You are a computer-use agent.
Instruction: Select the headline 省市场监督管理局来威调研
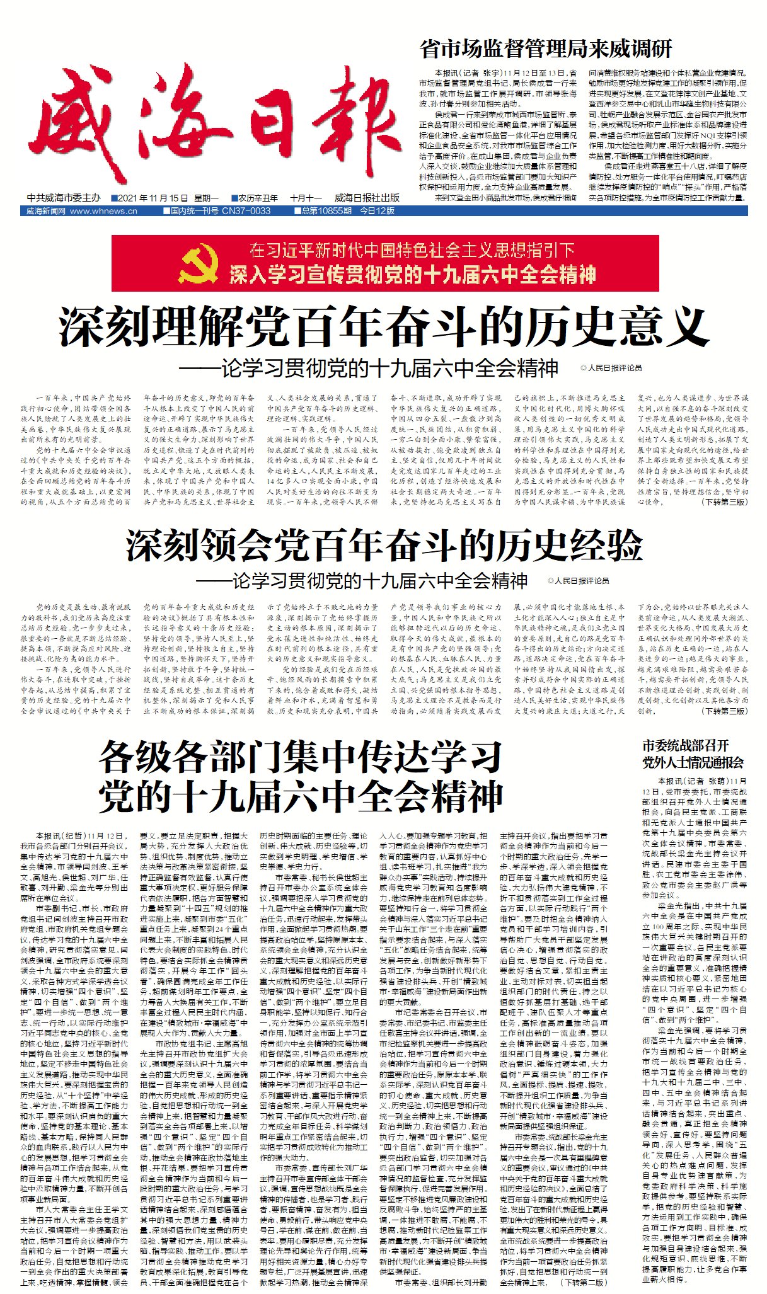point(546,49)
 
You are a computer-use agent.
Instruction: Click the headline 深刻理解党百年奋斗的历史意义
point(384,326)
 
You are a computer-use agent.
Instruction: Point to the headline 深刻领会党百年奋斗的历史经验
point(384,545)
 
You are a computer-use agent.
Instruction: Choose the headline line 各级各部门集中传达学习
point(301,757)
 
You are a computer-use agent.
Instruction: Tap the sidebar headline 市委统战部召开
point(685,745)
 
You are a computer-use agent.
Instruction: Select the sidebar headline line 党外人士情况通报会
point(693,762)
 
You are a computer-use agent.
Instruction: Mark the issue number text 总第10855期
point(326,211)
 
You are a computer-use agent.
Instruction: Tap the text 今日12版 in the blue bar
point(377,211)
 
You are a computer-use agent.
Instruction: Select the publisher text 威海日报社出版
point(367,198)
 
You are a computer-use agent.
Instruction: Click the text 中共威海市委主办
point(64,198)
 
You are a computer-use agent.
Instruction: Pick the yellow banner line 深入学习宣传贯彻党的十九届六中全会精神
point(412,275)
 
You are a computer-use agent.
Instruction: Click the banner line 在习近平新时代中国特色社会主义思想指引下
point(412,250)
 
